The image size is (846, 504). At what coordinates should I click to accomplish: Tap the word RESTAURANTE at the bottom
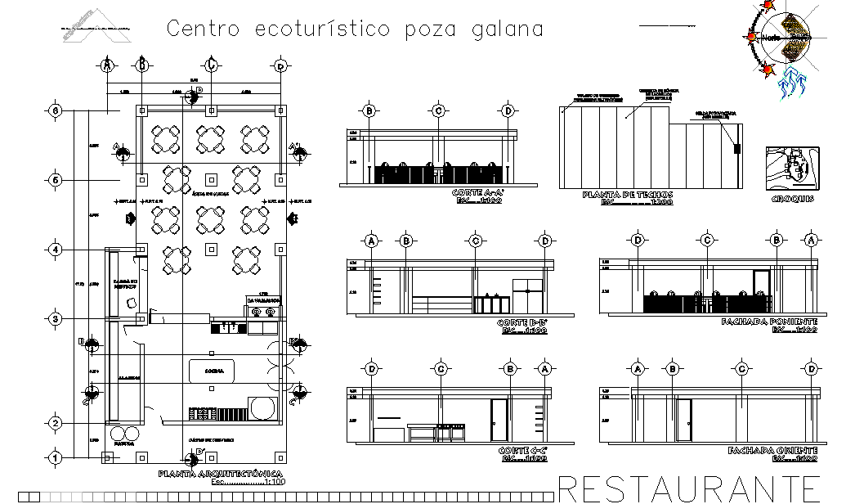point(700,488)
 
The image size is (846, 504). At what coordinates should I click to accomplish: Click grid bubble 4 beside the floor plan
point(56,249)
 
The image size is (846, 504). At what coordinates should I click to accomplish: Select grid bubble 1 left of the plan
point(56,458)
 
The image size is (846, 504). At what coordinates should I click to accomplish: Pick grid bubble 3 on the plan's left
point(56,318)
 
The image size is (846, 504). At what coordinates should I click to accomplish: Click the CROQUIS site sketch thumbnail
point(790,167)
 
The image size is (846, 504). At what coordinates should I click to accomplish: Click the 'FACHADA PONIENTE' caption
point(768,322)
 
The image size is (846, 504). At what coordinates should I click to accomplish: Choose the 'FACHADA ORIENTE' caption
point(768,451)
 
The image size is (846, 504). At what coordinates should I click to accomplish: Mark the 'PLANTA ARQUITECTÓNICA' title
point(221,475)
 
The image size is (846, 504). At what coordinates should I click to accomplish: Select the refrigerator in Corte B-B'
point(527,295)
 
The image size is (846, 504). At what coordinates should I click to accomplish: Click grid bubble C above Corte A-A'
point(439,111)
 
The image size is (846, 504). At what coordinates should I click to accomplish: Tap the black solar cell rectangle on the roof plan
point(736,149)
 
